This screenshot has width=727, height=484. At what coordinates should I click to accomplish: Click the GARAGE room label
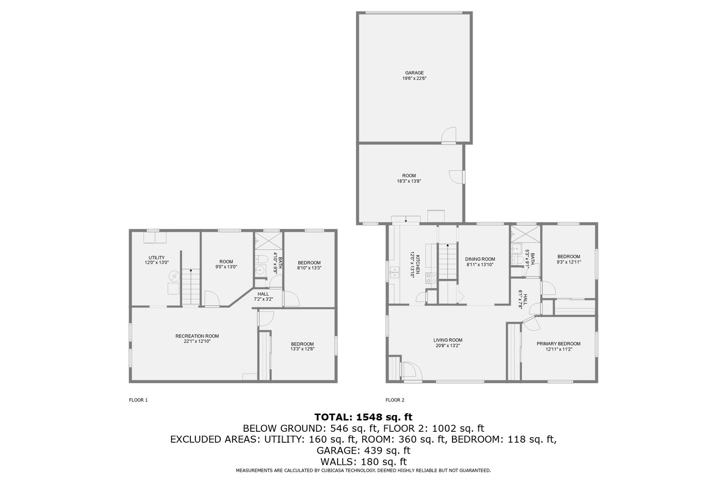pos(414,73)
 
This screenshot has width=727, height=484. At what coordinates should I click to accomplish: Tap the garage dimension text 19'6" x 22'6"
pos(414,78)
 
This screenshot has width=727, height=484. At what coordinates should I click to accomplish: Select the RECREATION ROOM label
pos(197,336)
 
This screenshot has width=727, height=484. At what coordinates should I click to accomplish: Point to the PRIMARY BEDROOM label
pos(558,344)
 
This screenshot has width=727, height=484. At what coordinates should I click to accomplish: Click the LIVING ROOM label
pos(448,340)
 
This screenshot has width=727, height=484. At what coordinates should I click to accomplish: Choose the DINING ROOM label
pos(480,259)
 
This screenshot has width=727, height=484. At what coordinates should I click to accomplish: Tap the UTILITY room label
pos(157,257)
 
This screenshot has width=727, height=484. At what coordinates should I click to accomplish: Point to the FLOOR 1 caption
pos(138,400)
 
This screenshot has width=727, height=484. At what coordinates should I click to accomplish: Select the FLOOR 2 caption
pos(395,400)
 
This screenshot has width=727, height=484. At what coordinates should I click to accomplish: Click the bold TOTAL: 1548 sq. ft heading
pos(363,417)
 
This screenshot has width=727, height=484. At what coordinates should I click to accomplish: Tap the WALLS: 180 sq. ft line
pos(363,462)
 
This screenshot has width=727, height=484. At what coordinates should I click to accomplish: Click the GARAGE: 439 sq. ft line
pos(363,450)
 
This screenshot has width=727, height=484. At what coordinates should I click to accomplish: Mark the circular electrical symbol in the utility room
pos(174,277)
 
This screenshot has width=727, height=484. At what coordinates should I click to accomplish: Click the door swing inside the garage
pos(449,134)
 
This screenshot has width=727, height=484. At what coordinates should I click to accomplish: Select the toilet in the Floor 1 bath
pos(261,259)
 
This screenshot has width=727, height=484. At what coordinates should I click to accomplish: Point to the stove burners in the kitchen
pos(431,278)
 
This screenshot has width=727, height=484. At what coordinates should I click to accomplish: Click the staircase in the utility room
pos(190,287)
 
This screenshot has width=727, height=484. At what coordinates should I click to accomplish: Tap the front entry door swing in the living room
pos(411,370)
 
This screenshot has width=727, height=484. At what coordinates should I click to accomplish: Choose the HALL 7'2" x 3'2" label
pos(263,296)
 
